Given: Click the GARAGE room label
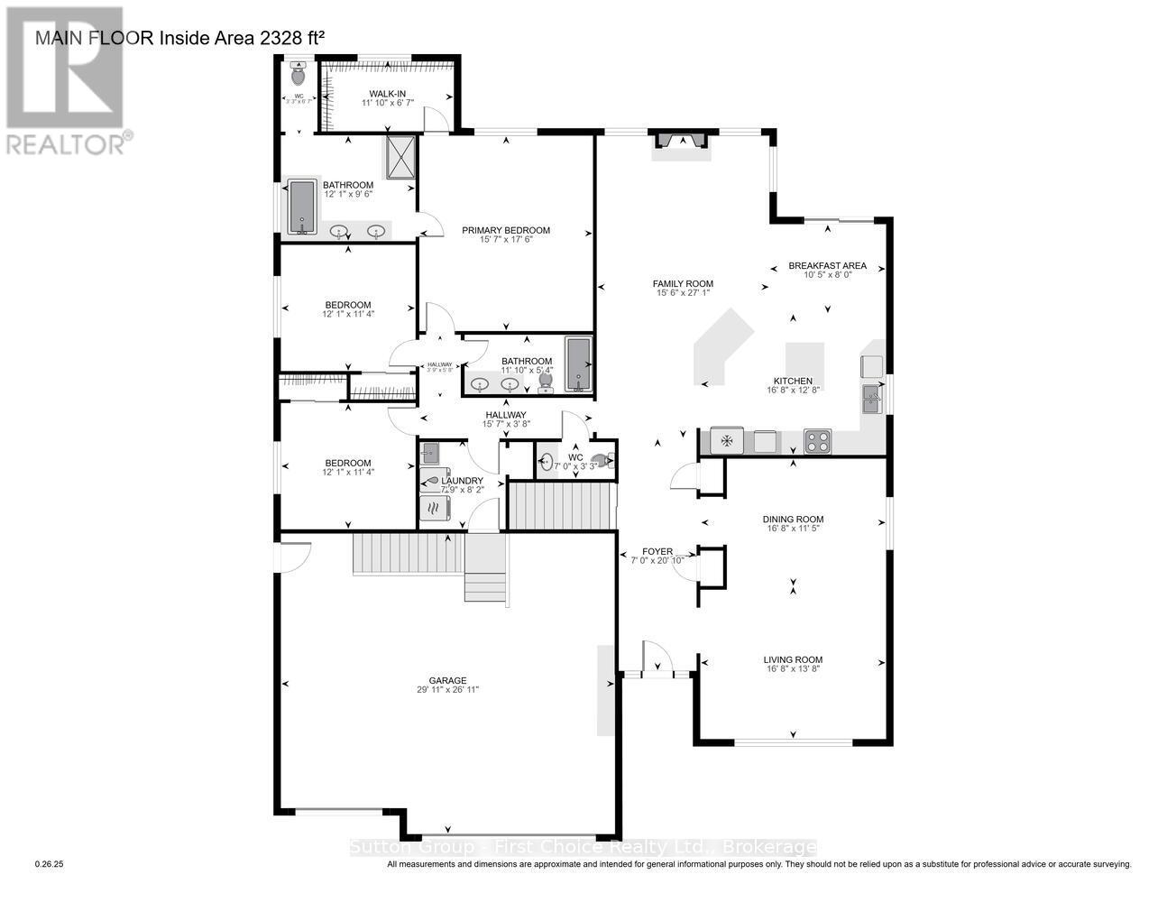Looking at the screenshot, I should pos(447,680).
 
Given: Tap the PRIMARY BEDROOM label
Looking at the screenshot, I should pos(505,230).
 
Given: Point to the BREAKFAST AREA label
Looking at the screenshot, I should pos(827,265).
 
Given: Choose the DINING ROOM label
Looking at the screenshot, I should pos(793,519).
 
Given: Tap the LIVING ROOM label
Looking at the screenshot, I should pos(793,659).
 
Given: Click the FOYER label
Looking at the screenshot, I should pos(657,550).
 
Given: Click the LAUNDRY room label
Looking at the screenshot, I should pos(462,480).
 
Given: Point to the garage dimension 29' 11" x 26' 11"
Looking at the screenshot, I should pos(447,690).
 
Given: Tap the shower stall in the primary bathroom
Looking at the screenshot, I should pos(401,158).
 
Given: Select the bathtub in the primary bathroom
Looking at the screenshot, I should pos(301,207).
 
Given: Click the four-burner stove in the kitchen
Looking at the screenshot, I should pos(817,442).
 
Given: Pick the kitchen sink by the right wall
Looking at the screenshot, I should pos(870,399).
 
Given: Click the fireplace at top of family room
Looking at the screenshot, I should pos(681,141).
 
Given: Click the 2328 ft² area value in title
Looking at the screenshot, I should pos(285,38).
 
